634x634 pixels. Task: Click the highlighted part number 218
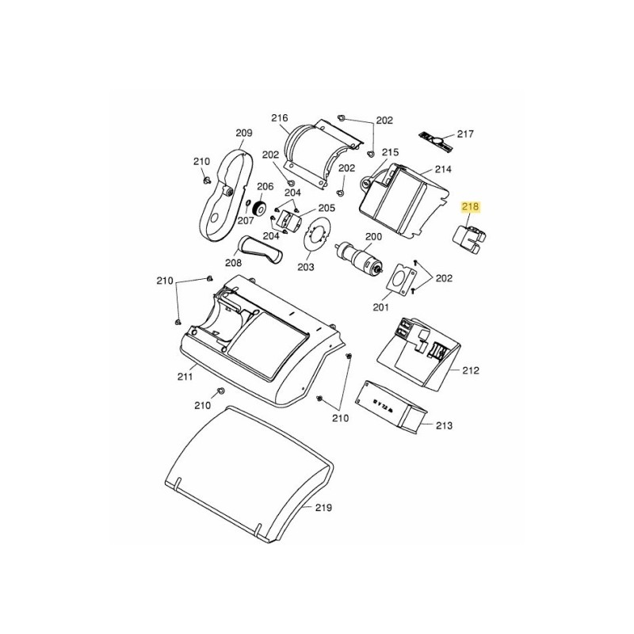[x=472, y=208]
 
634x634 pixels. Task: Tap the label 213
[x=444, y=426]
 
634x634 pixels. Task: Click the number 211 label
[x=185, y=376]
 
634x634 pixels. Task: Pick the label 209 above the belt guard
[x=243, y=132]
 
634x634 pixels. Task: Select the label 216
[x=279, y=118]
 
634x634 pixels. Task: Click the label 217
[x=464, y=133]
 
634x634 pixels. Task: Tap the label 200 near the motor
[x=372, y=237]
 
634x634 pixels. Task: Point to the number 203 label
[x=306, y=266]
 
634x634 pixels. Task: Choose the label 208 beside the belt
[x=233, y=263]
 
